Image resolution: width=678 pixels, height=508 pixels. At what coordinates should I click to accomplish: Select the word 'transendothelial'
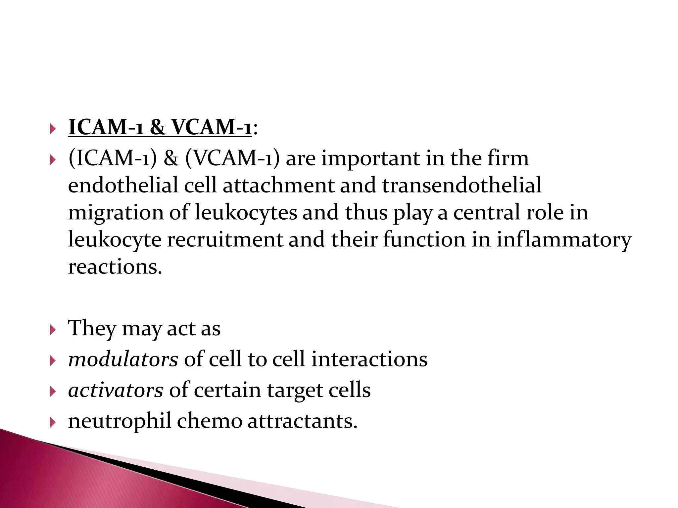[462, 185]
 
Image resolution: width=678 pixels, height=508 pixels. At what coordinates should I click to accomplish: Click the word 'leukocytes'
[246, 212]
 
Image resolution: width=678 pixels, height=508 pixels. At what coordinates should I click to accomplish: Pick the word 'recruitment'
[225, 239]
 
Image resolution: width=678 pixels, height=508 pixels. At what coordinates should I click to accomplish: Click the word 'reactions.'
[115, 267]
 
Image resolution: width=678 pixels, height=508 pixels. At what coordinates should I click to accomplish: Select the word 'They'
[92, 329]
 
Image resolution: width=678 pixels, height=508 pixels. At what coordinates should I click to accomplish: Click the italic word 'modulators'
[123, 359]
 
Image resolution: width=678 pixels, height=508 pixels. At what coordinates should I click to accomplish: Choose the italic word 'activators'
[116, 390]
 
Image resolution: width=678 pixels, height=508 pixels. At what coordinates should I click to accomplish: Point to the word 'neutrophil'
[120, 421]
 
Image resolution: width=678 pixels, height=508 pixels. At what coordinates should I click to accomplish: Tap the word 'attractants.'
[303, 421]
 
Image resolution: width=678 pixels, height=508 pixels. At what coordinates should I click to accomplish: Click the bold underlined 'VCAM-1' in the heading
[212, 127]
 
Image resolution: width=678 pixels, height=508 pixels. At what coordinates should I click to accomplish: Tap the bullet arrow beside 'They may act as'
[53, 330]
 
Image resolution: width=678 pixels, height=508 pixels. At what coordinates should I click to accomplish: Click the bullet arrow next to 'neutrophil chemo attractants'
[53, 422]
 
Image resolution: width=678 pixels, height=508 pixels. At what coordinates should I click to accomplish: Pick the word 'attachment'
[278, 185]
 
